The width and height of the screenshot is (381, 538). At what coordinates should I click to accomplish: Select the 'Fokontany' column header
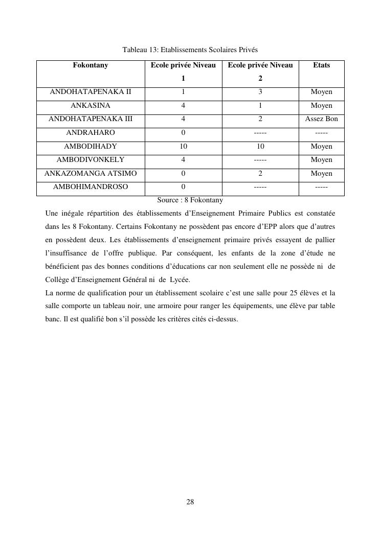pos(91,65)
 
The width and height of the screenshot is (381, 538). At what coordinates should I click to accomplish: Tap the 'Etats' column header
pos(321,65)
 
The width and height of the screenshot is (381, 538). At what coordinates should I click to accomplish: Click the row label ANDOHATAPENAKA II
pos(91,92)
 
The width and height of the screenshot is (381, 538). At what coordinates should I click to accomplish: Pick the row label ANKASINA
pos(91,106)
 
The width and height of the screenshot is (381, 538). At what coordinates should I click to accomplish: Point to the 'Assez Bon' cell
pos(321,119)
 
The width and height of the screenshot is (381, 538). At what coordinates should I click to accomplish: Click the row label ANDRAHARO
pos(91,133)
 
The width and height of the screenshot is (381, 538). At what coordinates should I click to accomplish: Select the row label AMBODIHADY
pos(91,147)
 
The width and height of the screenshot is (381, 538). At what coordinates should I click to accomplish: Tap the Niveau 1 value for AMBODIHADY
pos(183,147)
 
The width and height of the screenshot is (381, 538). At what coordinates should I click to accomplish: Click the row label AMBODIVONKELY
pos(91,160)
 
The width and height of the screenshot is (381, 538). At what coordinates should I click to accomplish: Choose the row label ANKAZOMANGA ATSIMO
pos(91,174)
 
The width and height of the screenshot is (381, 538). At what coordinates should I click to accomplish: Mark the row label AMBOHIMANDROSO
pos(91,187)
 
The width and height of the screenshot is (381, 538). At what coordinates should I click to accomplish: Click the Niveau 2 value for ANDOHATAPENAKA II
pos(260,92)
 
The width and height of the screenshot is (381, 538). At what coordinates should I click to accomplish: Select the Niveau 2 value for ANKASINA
pos(260,106)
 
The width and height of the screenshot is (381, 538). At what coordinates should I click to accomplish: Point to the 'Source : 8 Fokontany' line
pos(190,200)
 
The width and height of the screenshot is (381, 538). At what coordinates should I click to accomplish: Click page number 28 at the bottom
pos(190,502)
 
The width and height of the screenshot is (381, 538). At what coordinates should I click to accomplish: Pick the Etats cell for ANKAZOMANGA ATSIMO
pos(321,174)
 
